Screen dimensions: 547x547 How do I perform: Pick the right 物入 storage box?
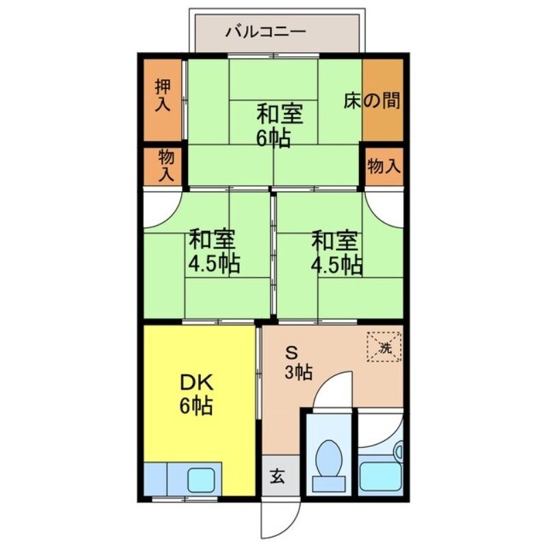384,166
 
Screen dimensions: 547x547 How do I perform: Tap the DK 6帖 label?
196,395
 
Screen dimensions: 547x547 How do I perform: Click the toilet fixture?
329,459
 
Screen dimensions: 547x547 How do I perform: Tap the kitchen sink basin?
202,478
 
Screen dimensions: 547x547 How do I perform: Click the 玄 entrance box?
278,477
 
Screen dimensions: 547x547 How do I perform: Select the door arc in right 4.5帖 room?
384,209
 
